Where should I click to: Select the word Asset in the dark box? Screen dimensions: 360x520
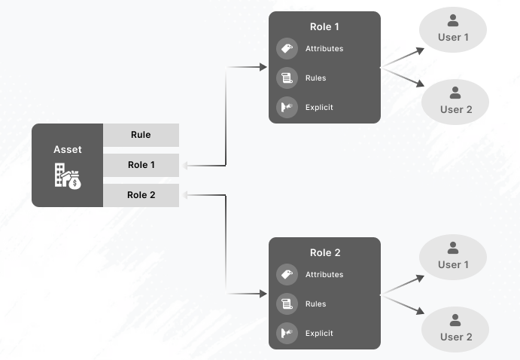point(67,150)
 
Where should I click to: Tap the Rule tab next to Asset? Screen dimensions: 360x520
point(141,136)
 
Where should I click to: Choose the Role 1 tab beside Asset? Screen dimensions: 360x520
point(141,165)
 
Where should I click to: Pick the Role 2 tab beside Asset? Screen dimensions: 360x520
point(141,195)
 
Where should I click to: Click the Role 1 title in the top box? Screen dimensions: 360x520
point(324,27)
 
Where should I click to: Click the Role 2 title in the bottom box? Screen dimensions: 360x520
point(324,253)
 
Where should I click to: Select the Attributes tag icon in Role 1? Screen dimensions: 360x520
point(286,49)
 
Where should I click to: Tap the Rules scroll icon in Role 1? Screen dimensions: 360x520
point(286,78)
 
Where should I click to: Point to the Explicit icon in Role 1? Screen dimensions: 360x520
point(286,108)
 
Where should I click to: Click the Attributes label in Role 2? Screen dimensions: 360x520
point(324,275)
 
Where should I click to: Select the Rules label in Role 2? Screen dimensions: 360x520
point(315,304)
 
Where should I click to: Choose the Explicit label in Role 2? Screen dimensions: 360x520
point(319,334)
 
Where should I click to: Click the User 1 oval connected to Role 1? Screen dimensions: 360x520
point(453,31)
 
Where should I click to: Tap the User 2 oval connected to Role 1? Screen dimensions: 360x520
point(455,102)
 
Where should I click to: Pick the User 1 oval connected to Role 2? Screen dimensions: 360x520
point(453,258)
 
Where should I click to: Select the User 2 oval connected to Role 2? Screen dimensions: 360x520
point(455,330)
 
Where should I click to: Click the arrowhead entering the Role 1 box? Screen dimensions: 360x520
point(263,68)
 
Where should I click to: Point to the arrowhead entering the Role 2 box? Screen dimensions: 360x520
point(263,294)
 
